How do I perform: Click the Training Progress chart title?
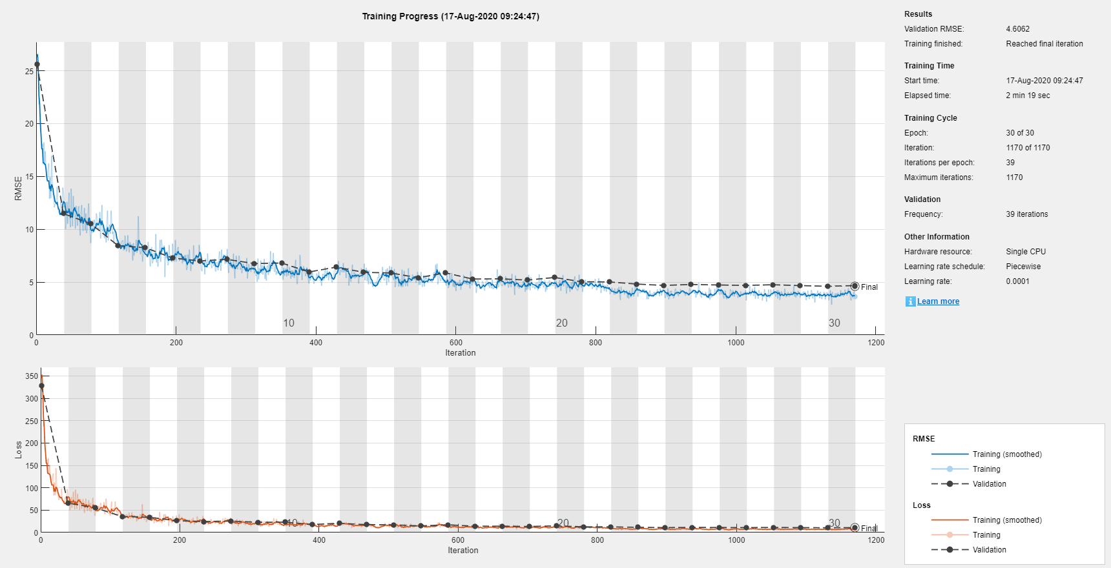click(x=450, y=16)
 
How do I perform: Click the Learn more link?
click(x=938, y=301)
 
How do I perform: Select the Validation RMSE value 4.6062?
click(x=1017, y=29)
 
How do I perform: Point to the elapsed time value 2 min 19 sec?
click(x=1028, y=96)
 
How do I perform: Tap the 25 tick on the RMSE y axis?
click(x=29, y=71)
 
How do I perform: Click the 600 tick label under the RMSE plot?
click(x=456, y=343)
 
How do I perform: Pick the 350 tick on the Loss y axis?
click(x=32, y=376)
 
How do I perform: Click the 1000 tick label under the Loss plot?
click(x=736, y=540)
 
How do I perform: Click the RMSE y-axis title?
click(x=18, y=188)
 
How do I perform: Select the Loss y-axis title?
click(x=18, y=450)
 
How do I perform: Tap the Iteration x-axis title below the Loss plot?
click(x=463, y=551)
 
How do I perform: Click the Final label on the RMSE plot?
click(x=869, y=287)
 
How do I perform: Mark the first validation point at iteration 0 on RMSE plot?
click(x=37, y=65)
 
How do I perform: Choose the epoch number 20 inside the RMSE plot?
click(x=562, y=323)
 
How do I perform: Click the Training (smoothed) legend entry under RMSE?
click(x=1007, y=454)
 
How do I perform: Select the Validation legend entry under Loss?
click(x=989, y=550)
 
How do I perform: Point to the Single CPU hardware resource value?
click(x=1026, y=252)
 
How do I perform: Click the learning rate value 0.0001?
click(x=1017, y=281)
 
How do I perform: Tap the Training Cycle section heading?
click(x=930, y=118)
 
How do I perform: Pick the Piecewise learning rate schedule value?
click(x=1023, y=267)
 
